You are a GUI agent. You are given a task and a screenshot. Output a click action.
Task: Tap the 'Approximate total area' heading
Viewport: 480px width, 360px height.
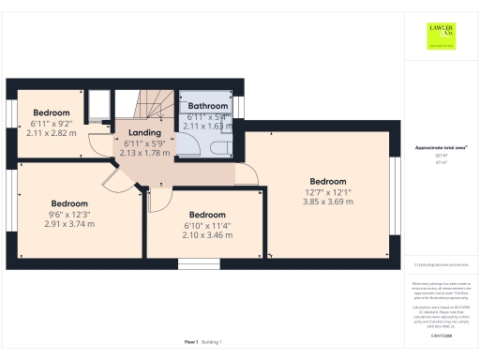[x=440, y=147]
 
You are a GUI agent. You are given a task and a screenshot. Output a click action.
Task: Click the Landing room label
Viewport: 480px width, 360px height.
[x=144, y=132]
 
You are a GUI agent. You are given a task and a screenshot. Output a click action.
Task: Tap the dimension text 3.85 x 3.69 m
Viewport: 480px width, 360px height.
[x=328, y=203]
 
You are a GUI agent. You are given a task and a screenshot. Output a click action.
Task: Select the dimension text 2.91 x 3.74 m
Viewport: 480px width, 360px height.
[x=69, y=226]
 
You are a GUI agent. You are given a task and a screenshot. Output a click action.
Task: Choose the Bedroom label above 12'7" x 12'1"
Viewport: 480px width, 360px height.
[x=328, y=181]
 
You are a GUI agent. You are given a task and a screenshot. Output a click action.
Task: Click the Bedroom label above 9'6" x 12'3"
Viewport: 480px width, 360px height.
[x=69, y=203]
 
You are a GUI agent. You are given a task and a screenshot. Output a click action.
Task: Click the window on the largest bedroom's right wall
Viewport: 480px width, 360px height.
[x=395, y=199]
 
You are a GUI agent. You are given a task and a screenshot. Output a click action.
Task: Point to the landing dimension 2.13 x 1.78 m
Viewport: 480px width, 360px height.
[x=144, y=153]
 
